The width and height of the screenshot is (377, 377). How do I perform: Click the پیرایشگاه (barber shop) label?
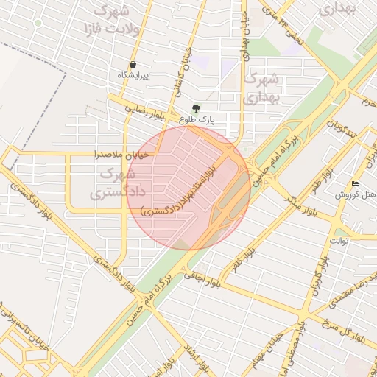click(133, 76)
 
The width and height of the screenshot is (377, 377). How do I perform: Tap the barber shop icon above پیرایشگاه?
click(133, 65)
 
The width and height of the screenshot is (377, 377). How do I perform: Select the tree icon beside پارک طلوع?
click(195, 109)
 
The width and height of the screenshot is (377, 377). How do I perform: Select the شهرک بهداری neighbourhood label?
click(262, 87)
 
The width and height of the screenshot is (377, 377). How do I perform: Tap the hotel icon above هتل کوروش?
click(356, 184)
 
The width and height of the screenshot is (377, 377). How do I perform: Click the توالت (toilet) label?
click(339, 241)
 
